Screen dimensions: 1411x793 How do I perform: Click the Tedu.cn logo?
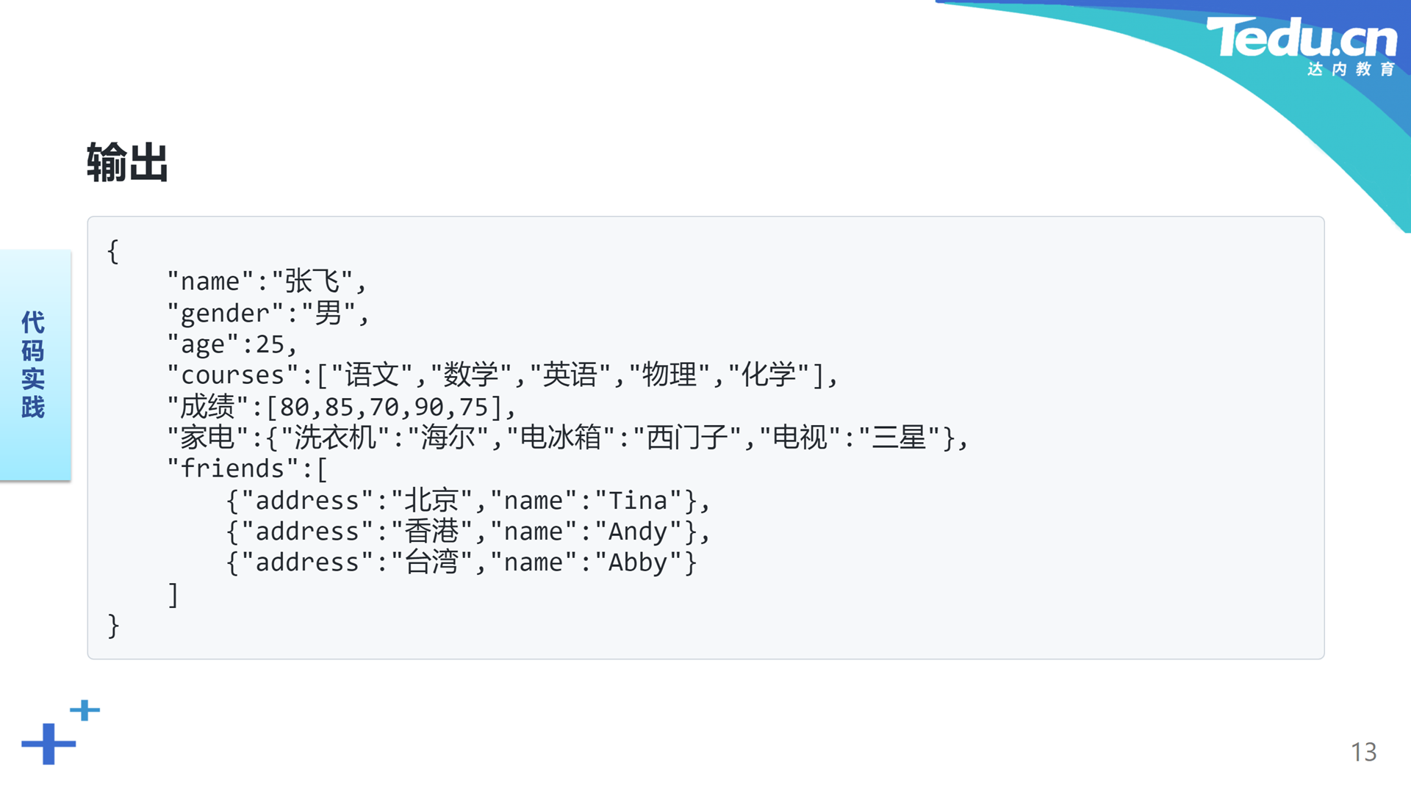pyautogui.click(x=1302, y=46)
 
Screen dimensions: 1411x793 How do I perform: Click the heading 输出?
pyautogui.click(x=128, y=162)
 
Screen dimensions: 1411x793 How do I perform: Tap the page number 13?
pyautogui.click(x=1363, y=752)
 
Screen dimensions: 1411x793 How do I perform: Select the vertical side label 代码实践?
pyautogui.click(x=33, y=364)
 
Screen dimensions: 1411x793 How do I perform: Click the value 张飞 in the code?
pyautogui.click(x=312, y=281)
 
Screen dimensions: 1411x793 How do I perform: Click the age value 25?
pyautogui.click(x=270, y=344)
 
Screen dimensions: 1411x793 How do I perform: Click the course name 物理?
pyautogui.click(x=669, y=375)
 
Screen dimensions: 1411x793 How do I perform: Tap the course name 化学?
pyautogui.click(x=769, y=375)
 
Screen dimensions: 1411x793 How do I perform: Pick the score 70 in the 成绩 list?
pyautogui.click(x=384, y=407)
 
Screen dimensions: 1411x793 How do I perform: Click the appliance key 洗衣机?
pyautogui.click(x=336, y=438)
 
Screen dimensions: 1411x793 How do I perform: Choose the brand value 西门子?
pyautogui.click(x=687, y=438)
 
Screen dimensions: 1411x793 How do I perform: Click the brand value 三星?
pyautogui.click(x=898, y=438)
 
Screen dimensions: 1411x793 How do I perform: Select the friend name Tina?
pyautogui.click(x=638, y=501)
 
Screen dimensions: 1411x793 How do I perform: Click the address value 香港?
pyautogui.click(x=432, y=532)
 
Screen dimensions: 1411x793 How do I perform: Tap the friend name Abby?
pyautogui.click(x=638, y=563)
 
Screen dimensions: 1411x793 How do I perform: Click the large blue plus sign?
pyautogui.click(x=49, y=744)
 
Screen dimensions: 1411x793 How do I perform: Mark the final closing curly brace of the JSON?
pyautogui.click(x=113, y=626)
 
